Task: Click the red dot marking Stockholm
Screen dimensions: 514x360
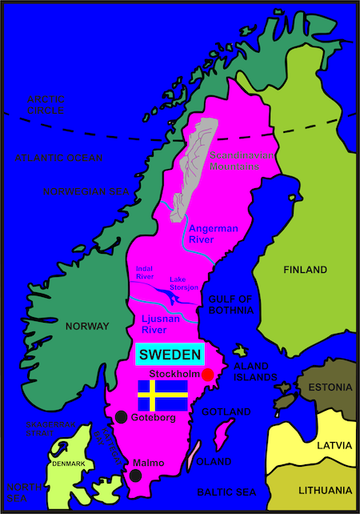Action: click(x=208, y=375)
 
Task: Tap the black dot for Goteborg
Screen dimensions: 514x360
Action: click(x=121, y=416)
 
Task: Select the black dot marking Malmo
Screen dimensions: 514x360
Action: click(x=135, y=476)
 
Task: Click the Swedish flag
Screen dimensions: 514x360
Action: click(x=163, y=396)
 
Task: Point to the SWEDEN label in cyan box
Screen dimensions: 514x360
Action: click(x=169, y=354)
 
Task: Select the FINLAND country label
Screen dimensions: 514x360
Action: click(x=305, y=269)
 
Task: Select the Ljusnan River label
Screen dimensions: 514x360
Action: click(x=165, y=324)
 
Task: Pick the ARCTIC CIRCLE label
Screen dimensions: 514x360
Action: click(x=46, y=104)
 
